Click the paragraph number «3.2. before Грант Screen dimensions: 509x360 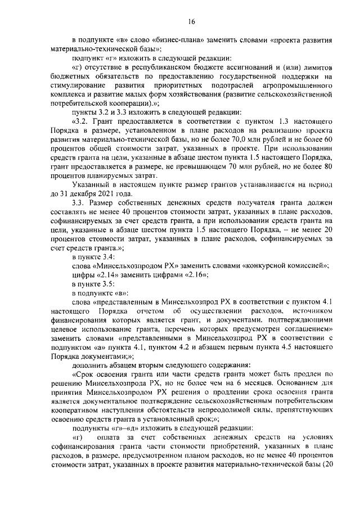[x=82, y=122]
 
